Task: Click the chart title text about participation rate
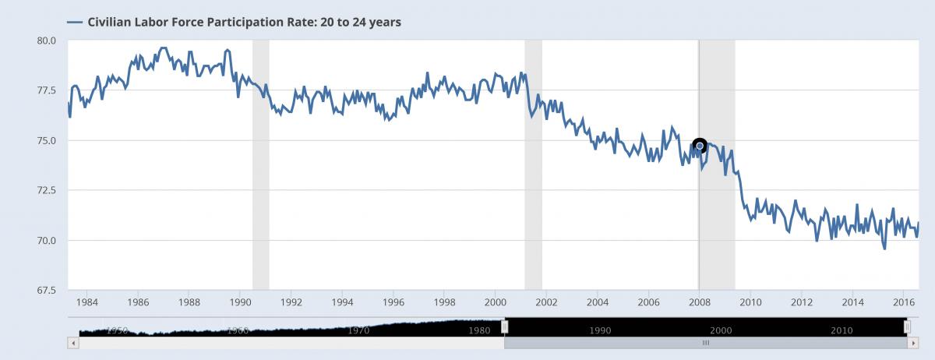pyautogui.click(x=245, y=22)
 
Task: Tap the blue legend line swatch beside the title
pyautogui.click(x=76, y=22)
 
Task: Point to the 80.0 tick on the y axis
pyautogui.click(x=46, y=41)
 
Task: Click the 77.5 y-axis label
pyautogui.click(x=46, y=90)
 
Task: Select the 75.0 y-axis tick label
pyautogui.click(x=46, y=140)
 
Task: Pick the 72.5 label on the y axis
pyautogui.click(x=46, y=190)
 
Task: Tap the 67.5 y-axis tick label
pyautogui.click(x=46, y=291)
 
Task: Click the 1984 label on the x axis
pyautogui.click(x=86, y=302)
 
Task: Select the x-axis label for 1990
pyautogui.click(x=240, y=302)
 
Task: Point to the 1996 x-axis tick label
pyautogui.click(x=393, y=302)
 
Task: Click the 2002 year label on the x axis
pyautogui.click(x=546, y=302)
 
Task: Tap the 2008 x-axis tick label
pyautogui.click(x=700, y=302)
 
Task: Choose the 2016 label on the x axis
pyautogui.click(x=904, y=302)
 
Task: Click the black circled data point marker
pyautogui.click(x=700, y=145)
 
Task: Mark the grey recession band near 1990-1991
pyautogui.click(x=260, y=164)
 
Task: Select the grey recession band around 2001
pyautogui.click(x=533, y=164)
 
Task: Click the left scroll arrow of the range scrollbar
pyautogui.click(x=73, y=342)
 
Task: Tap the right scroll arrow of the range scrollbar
pyautogui.click(x=912, y=342)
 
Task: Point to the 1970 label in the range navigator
pyautogui.click(x=359, y=330)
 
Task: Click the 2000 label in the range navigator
pyautogui.click(x=721, y=330)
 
